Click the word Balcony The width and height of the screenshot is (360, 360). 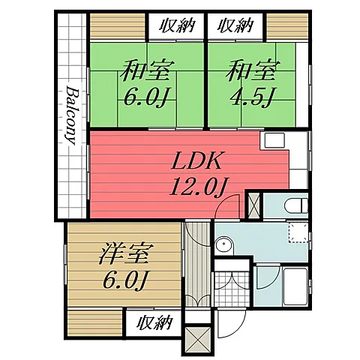(71, 115)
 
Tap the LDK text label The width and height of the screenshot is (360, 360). (196, 161)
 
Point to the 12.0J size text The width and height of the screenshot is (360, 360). (199, 187)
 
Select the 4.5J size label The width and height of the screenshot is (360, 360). (252, 97)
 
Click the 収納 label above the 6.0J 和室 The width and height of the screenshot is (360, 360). (177, 25)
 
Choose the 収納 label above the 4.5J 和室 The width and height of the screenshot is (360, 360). (235, 25)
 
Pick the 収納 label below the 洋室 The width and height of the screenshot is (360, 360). (154, 322)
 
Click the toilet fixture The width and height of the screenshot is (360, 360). (296, 206)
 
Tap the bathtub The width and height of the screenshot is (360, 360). (295, 286)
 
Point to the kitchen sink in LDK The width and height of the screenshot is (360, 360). (274, 140)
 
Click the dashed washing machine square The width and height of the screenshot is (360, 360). (298, 232)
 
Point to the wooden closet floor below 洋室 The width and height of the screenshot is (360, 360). (94, 323)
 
